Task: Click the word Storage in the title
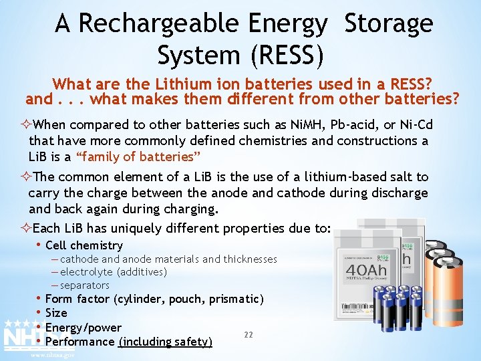tap(389, 24)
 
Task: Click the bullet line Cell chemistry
tap(84, 245)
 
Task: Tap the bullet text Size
tap(56, 313)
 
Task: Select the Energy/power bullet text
tap(84, 328)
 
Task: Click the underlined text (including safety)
tap(165, 342)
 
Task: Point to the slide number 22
tap(248, 334)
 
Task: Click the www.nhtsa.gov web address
tap(53, 355)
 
